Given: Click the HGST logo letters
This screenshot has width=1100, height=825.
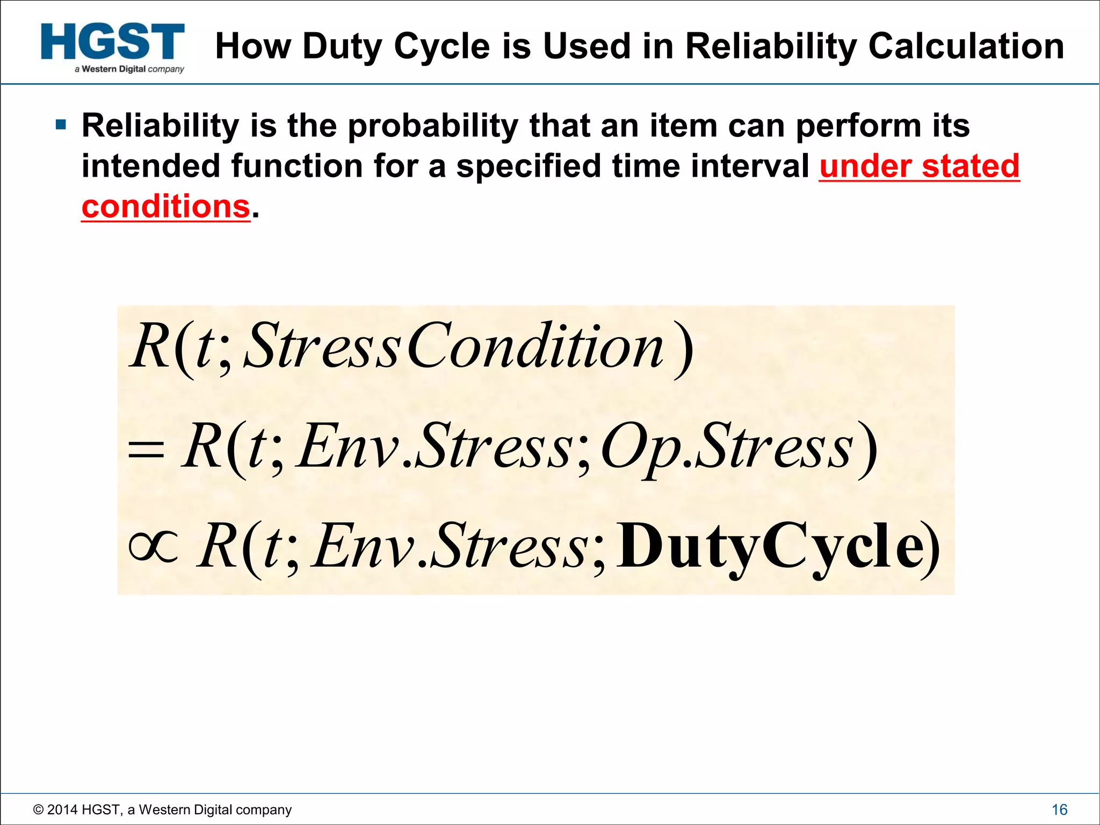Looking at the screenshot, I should pos(113,42).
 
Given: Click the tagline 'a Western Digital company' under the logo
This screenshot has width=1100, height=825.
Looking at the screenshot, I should pos(129,69).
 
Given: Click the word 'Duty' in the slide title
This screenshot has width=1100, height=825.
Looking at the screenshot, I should pos(342,46).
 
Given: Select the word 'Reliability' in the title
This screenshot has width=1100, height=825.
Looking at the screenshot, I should pos(771,46).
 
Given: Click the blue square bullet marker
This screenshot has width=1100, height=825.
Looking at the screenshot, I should pos(61,126).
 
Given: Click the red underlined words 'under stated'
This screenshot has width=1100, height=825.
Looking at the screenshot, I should pos(919,166).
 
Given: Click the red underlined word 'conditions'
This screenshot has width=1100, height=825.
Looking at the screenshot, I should pos(165,207).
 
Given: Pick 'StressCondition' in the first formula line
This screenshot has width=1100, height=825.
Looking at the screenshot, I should pos(454,346).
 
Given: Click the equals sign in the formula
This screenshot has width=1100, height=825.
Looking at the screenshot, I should pos(146,448).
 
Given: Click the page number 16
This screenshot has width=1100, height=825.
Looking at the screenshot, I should pos(1059,809).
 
